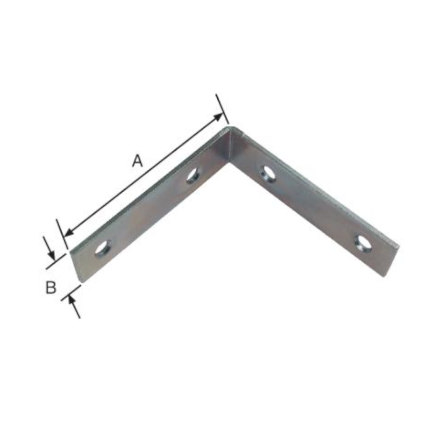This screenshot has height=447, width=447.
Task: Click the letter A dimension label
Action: (137, 160)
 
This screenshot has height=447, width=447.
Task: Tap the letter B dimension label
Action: (51, 287)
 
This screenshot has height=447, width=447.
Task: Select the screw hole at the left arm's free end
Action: (103, 248)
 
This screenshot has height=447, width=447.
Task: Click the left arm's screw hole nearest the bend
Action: (193, 175)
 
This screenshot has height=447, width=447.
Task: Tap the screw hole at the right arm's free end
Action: (363, 244)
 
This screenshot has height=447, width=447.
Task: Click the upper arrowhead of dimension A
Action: (219, 117)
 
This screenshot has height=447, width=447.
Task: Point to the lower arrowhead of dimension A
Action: (68, 232)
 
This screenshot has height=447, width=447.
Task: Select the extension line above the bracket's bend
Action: (222, 110)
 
